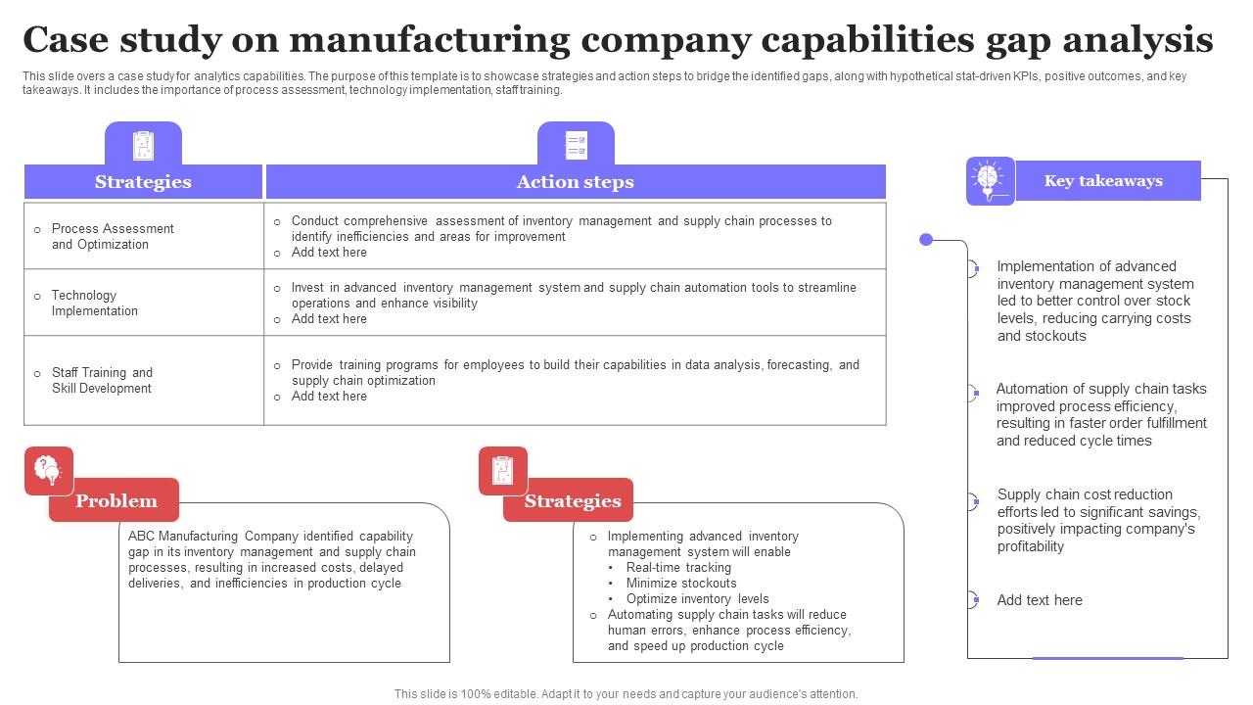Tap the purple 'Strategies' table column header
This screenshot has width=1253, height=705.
[x=143, y=182]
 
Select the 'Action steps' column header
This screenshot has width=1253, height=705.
[x=575, y=182]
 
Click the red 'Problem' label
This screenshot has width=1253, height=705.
[x=116, y=500]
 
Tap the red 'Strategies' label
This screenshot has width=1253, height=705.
[x=572, y=501]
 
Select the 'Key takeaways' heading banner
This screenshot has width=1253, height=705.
[x=1103, y=181]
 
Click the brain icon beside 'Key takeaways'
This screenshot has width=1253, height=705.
[x=989, y=180]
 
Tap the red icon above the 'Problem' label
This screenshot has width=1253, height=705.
[x=48, y=471]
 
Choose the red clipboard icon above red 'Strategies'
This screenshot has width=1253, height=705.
[x=502, y=471]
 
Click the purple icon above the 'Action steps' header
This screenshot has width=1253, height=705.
[x=576, y=145]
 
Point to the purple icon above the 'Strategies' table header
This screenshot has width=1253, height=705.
[x=143, y=145]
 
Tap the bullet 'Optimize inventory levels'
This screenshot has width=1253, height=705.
[x=697, y=599]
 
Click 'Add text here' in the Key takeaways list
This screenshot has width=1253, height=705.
[x=1040, y=601]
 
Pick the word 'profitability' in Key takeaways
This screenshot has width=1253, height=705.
[x=1030, y=547]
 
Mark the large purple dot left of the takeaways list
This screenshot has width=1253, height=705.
[x=926, y=240]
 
